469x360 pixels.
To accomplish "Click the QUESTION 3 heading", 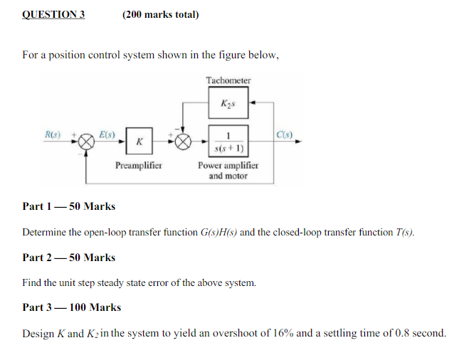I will coord(53,14).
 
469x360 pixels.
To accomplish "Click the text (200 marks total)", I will coord(160,14).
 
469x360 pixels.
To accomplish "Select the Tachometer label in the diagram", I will coord(228,80).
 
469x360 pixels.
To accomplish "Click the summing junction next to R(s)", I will coord(87,142).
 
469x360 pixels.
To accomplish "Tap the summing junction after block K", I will coord(183,142).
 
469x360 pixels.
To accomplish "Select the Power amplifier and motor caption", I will coord(228,171).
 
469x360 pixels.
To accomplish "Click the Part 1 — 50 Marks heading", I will coord(68,206).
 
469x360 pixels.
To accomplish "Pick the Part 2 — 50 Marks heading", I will coord(68,257).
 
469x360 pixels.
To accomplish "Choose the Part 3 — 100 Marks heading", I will coord(71,307).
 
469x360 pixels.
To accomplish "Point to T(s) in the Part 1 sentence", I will coord(404,232).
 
